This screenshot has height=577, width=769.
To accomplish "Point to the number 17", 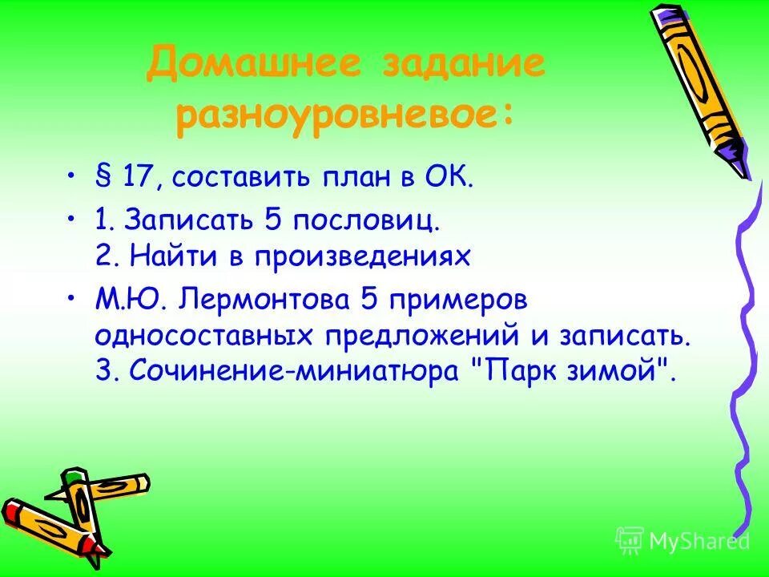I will click(x=136, y=177).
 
